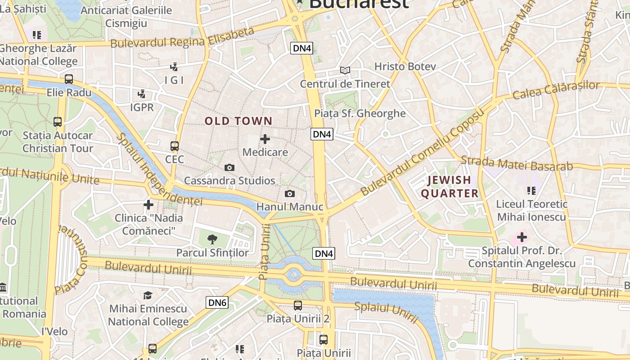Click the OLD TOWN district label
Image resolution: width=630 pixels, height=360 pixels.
pos(238,121)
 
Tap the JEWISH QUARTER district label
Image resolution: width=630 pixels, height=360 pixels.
pos(450,187)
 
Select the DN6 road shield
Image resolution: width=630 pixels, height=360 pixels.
pos(217,302)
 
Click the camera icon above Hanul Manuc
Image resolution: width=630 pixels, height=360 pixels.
pos(290,193)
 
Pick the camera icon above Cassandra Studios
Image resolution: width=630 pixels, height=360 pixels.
pos(229,168)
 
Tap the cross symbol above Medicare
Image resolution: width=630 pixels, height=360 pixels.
pos(265,139)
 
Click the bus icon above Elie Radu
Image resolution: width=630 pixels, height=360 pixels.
pos(69,79)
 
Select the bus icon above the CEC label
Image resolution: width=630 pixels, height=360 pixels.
pos(175,146)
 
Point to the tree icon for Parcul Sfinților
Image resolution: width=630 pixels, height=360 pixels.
pos(212,239)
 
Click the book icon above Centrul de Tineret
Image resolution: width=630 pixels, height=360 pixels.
pos(345,70)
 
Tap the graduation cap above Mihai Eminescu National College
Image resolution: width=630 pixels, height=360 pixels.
pos(148,295)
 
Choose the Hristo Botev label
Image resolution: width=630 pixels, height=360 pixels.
pos(405,67)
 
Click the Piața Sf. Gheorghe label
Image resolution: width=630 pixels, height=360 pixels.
pos(360,113)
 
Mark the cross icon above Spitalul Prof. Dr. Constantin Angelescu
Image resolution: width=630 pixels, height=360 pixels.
pos(522,237)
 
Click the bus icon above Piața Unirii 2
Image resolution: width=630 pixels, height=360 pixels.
pos(298,306)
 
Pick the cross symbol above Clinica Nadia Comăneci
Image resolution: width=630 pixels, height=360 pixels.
pos(148,205)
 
